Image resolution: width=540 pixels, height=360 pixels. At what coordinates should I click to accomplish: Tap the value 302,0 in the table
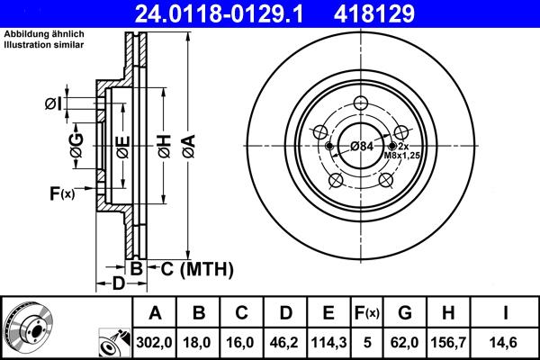tap(155, 342)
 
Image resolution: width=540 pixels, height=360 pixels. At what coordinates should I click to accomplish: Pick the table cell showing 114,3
tap(328, 342)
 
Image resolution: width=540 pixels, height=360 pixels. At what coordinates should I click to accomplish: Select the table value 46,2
tap(284, 342)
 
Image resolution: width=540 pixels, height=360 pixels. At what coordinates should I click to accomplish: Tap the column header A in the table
tap(155, 313)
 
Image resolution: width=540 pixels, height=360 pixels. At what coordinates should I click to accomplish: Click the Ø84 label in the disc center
tap(362, 147)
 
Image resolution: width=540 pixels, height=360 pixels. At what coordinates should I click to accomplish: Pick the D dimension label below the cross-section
tap(119, 284)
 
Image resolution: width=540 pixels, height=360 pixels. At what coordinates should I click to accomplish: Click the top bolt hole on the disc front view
tap(363, 103)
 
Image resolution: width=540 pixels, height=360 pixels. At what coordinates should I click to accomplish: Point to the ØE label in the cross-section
tap(121, 144)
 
